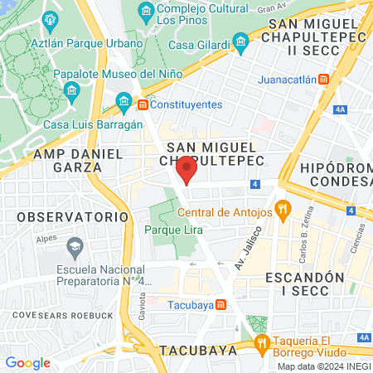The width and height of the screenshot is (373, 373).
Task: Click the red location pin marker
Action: click(x=187, y=170)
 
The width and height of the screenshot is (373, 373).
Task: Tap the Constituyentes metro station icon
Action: click(x=143, y=105)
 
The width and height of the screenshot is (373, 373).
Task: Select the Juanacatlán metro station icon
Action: click(x=324, y=79)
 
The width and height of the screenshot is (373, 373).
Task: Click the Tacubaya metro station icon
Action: click(x=220, y=304)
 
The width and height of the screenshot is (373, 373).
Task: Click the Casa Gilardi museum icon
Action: click(x=241, y=40)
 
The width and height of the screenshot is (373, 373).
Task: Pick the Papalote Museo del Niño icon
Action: click(x=71, y=90)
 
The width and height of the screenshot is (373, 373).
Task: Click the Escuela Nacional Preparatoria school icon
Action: click(x=74, y=246)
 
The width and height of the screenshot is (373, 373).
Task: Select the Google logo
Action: click(x=27, y=362)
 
